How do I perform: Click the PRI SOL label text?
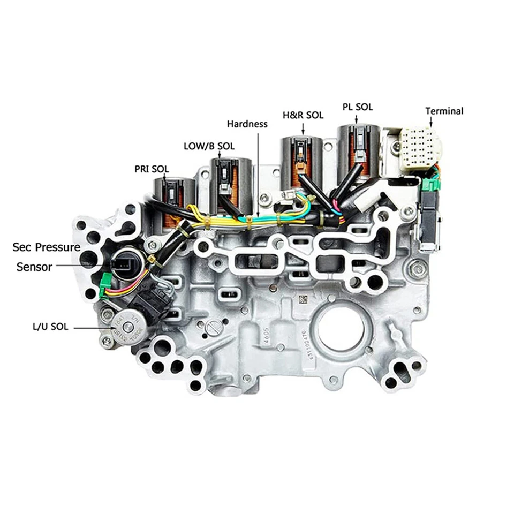(152, 169)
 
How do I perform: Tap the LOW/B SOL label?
(209, 145)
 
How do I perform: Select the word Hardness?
(247, 124)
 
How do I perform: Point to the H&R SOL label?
(303, 115)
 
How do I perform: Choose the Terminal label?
(444, 111)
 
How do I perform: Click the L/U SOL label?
(50, 327)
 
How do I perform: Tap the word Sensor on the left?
(34, 266)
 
